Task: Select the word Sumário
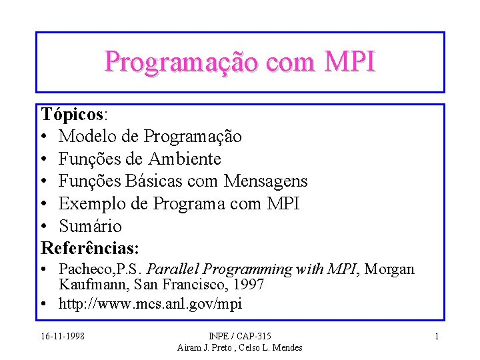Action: tap(91, 226)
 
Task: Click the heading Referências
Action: tap(89, 249)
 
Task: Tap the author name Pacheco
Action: tap(83, 269)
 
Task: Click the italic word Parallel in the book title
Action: tap(172, 269)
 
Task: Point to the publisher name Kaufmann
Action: tap(86, 284)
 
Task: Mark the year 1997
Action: tap(247, 284)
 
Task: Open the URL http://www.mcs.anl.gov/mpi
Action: tap(151, 304)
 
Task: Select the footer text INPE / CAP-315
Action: tap(240, 336)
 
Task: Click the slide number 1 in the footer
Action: tap(437, 336)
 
